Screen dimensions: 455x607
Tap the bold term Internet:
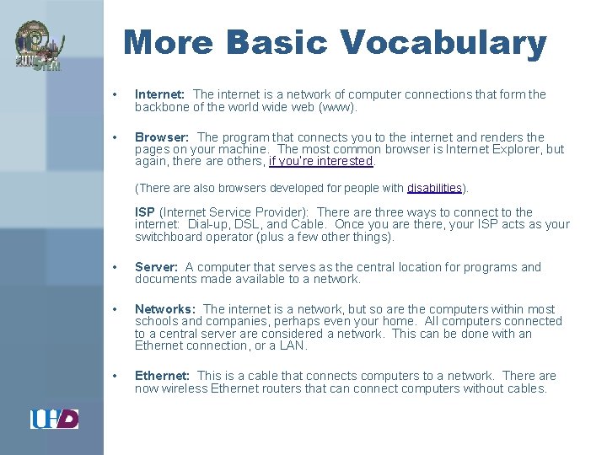tap(160, 95)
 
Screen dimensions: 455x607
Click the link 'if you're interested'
tap(320, 161)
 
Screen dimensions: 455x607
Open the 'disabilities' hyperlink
tap(434, 188)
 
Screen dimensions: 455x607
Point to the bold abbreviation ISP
tap(145, 212)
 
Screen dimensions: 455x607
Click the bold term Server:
tap(157, 267)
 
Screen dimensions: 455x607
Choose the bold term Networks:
tap(165, 309)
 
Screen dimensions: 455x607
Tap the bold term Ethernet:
tap(163, 376)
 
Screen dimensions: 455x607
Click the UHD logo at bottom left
tap(54, 418)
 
